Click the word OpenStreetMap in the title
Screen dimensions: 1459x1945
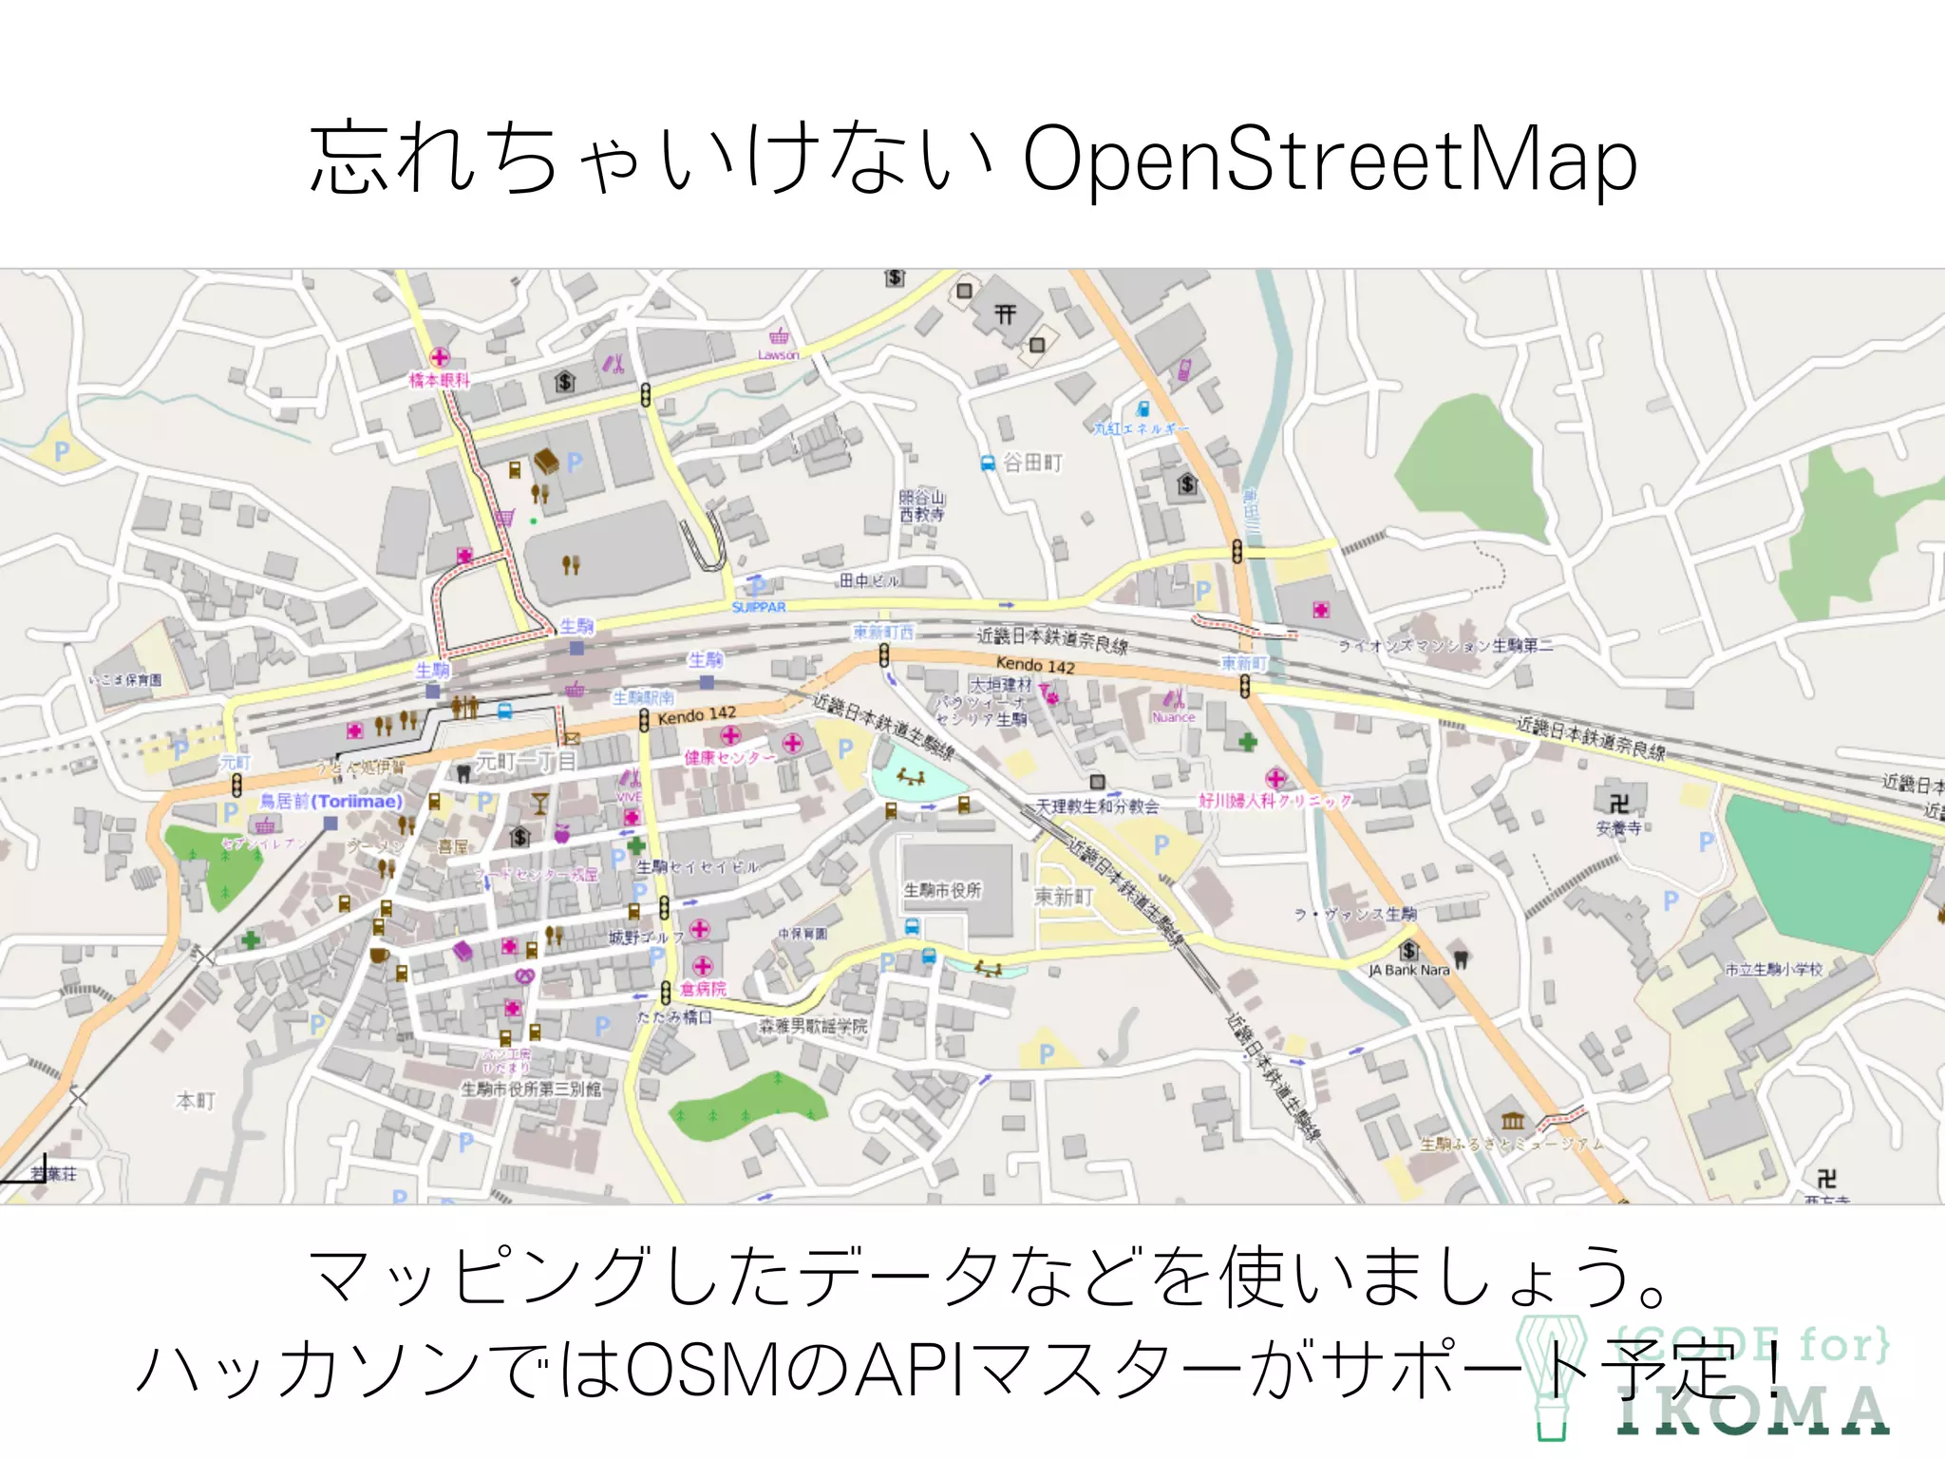pos(1330,160)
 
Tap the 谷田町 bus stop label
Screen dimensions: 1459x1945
pos(1032,463)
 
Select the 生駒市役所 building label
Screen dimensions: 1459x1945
pos(942,890)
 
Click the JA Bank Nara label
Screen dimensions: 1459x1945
pos(1408,970)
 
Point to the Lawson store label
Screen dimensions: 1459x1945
pos(778,355)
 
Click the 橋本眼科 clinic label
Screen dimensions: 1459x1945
pos(439,380)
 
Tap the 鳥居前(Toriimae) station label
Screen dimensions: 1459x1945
pos(331,802)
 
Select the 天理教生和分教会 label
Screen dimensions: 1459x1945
pos(1097,806)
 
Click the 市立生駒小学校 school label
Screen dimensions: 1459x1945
pos(1773,969)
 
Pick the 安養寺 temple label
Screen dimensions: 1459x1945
pos(1618,827)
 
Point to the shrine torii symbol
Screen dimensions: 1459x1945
pos(1005,313)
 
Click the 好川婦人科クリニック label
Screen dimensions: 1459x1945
pos(1275,801)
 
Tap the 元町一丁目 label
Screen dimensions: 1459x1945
pos(525,761)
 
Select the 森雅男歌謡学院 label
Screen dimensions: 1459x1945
pos(813,1026)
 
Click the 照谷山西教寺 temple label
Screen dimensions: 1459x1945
pos(921,505)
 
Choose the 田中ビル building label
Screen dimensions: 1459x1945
pos(869,579)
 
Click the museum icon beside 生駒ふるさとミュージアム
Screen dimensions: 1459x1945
pos(1512,1120)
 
